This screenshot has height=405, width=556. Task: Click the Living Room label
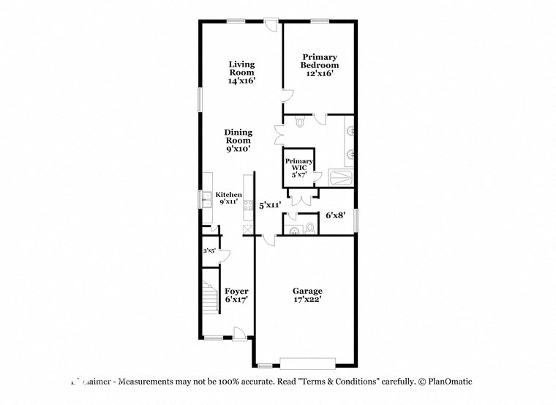coord(241,73)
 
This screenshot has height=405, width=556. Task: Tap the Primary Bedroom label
coord(320,65)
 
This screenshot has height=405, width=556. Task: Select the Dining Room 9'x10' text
coord(238,141)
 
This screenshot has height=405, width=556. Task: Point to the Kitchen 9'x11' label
coord(228,198)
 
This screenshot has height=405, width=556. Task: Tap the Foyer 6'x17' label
coord(236,294)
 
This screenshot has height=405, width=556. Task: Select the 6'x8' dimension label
coord(335,215)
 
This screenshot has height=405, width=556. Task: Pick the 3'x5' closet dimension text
coord(209,250)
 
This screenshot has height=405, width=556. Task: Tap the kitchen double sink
coord(206,198)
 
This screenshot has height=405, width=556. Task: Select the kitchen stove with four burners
coord(249,205)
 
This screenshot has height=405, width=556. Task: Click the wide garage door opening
coord(307,362)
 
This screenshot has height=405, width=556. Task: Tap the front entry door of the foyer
coord(238,334)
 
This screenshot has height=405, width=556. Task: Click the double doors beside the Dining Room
coord(279,135)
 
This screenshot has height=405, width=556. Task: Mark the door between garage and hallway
coord(269,239)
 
